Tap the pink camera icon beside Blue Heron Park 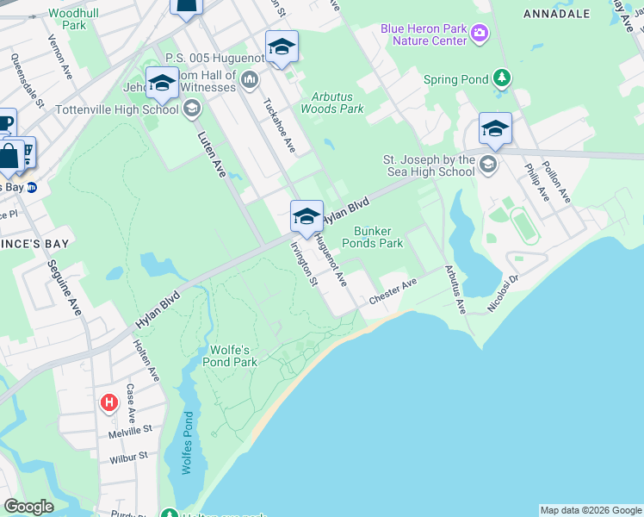[480, 34]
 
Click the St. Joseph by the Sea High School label [429, 165]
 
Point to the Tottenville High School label [116, 109]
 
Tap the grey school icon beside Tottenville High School [191, 109]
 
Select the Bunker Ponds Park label [378, 237]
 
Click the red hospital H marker [109, 402]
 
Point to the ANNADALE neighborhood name [556, 14]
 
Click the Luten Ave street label [212, 153]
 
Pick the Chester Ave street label [393, 290]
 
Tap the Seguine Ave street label [65, 287]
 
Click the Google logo [28, 507]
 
